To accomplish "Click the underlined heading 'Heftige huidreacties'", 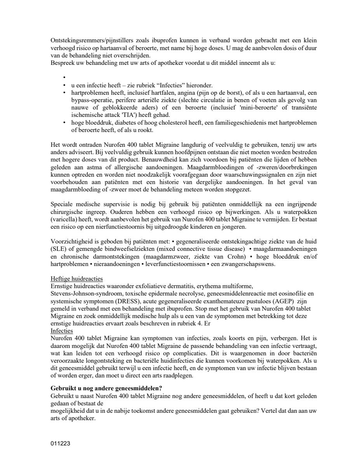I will point(77,278).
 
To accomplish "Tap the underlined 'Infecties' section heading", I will point(62,330).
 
